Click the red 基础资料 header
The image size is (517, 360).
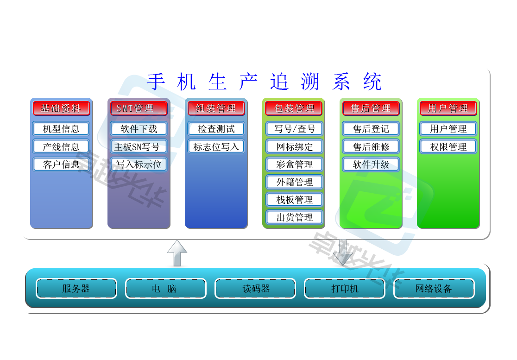(x=61, y=108)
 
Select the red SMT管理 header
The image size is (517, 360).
(x=139, y=108)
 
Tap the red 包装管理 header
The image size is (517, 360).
(x=294, y=108)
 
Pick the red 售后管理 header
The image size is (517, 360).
(x=371, y=108)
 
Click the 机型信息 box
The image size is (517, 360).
(x=61, y=129)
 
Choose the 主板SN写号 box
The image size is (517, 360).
(x=139, y=146)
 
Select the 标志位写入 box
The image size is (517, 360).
(x=216, y=146)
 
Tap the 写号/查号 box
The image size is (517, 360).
(x=294, y=129)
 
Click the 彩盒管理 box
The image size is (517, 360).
(x=294, y=164)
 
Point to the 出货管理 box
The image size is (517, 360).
(x=294, y=217)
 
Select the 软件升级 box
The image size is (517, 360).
(x=371, y=164)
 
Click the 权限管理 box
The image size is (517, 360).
(x=448, y=146)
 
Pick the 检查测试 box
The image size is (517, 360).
(x=216, y=129)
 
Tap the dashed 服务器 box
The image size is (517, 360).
(x=76, y=289)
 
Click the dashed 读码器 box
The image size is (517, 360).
(x=255, y=289)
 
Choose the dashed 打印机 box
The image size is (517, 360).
(x=345, y=289)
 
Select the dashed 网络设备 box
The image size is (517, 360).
(x=434, y=289)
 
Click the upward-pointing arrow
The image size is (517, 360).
(x=177, y=253)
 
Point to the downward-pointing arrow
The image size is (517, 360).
(x=343, y=253)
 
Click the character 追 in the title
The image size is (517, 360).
(x=280, y=82)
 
